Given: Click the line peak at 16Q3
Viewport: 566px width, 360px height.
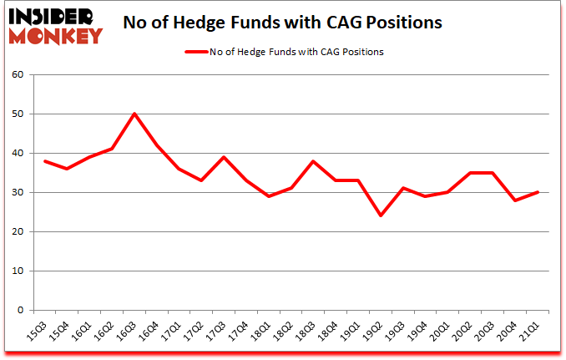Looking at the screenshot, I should pos(134,114).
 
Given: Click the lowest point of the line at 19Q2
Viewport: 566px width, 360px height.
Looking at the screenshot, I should pos(381,215).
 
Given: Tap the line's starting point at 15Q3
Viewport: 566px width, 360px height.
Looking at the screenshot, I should pos(44,160).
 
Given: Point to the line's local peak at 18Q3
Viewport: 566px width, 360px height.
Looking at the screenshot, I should pos(313,160).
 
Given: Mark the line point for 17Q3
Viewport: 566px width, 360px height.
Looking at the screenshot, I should pos(224,157).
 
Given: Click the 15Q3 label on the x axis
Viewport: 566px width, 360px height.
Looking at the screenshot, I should pos(38,332).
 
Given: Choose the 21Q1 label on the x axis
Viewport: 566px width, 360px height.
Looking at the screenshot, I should pos(531,332).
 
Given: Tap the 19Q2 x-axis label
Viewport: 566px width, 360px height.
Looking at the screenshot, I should pos(374,332).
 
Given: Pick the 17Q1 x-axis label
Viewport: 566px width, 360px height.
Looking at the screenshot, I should pos(173,332).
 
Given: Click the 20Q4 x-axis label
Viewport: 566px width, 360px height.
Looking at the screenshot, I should pos(508,332).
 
